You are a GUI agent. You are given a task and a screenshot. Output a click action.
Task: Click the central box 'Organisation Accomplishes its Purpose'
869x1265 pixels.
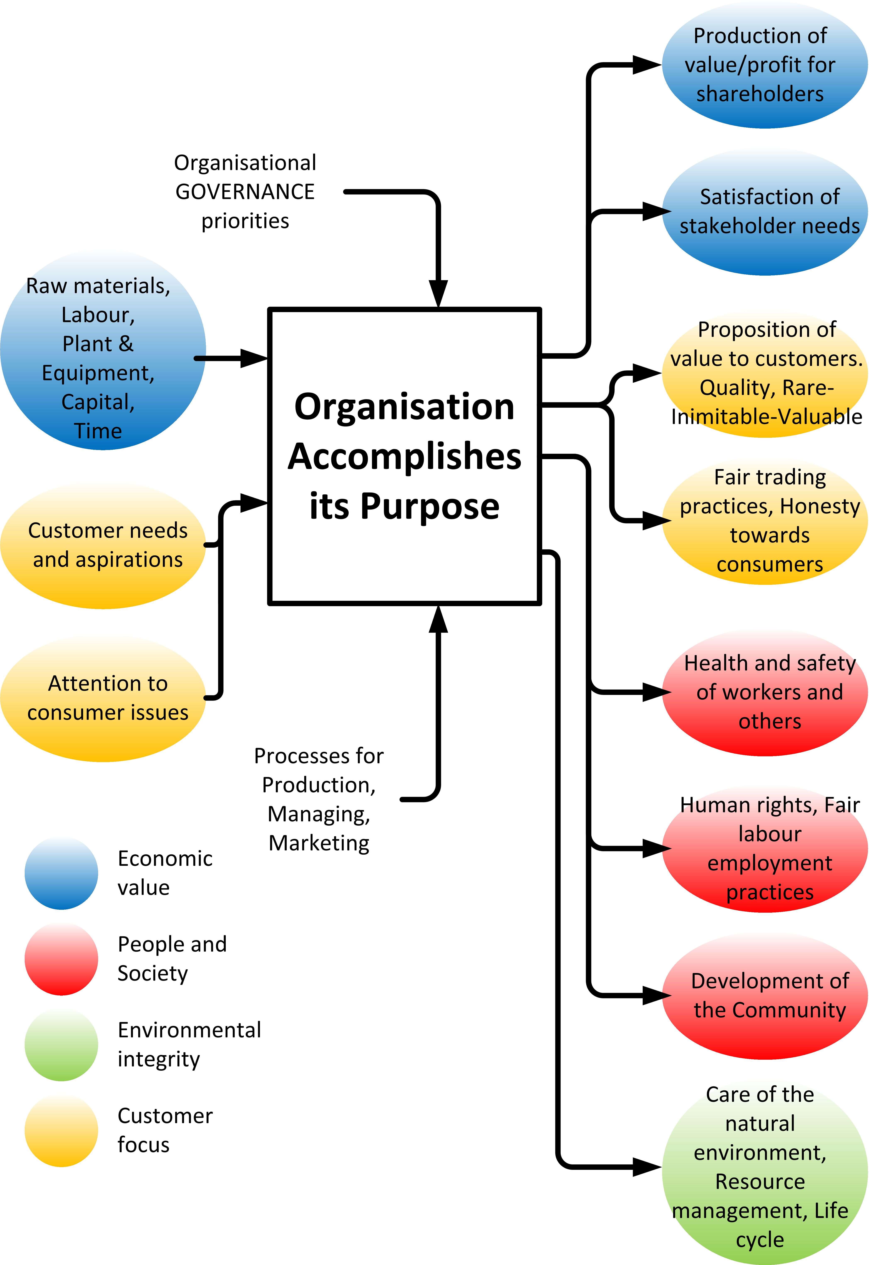point(404,456)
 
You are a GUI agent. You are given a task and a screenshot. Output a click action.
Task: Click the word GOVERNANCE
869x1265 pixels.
point(245,192)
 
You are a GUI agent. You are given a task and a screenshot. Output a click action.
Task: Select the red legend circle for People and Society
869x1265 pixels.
point(62,959)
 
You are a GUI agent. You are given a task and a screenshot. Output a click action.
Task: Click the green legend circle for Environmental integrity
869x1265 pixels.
point(62,1045)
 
